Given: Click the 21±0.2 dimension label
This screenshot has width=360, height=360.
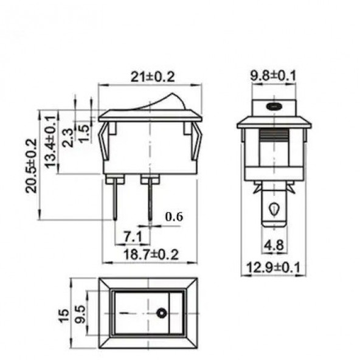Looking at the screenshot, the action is coord(153,77).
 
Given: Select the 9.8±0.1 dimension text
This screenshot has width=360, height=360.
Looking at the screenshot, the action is coord(273,75).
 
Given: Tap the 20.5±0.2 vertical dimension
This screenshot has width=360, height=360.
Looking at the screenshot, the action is coord(32,165).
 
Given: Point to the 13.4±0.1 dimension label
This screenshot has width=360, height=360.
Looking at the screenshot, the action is coord(50,142).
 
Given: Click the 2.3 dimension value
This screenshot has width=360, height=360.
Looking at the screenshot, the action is coord(68,138).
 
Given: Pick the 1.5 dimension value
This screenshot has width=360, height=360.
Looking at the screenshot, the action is coord(84,133).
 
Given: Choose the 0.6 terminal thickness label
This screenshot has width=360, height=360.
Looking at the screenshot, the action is coord(174,216).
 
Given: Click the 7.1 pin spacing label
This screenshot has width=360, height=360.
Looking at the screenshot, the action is coord(133,237).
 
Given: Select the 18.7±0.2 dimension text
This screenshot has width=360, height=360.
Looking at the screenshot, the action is coord(151,254).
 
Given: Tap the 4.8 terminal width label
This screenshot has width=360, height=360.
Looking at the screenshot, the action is coord(274,245).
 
